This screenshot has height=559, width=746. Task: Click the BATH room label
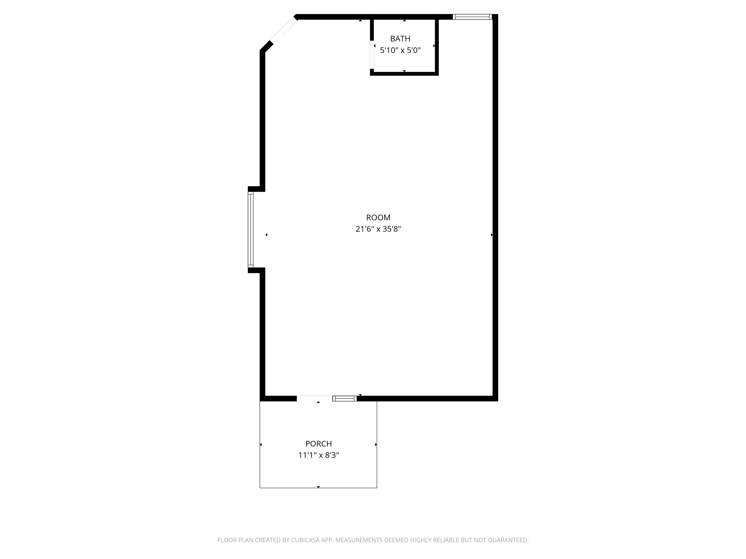pos(400,39)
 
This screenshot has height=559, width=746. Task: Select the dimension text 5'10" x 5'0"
pos(400,50)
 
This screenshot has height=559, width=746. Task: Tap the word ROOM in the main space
pos(378,218)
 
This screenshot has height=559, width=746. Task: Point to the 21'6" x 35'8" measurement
pos(378,229)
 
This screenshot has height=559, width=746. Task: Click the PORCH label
pos(319,444)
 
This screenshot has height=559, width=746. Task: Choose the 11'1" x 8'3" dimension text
pos(319,455)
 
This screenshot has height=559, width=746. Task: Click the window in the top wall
pos(472,17)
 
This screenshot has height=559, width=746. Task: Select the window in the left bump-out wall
pos(251,230)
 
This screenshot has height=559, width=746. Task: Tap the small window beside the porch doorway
pos(345,399)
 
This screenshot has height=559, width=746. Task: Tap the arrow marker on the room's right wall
pos(492,235)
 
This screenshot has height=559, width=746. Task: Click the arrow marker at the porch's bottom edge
pos(318,487)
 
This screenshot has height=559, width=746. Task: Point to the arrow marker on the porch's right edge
pos(376,445)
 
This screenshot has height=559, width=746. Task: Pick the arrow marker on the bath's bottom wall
pos(404,71)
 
